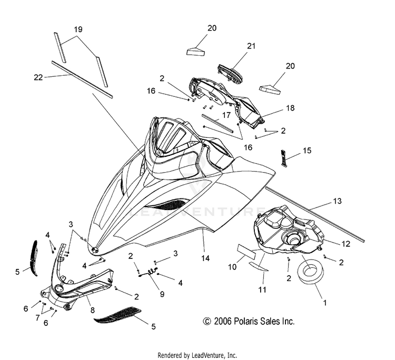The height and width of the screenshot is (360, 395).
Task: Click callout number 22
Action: point(38,77)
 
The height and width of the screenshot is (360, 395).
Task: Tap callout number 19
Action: point(77,30)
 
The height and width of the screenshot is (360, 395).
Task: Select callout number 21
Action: point(251,46)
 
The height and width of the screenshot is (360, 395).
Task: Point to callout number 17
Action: point(226,114)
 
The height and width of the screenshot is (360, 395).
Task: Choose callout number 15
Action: point(307,151)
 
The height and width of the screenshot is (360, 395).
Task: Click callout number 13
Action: point(337,201)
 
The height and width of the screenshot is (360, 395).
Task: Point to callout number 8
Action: point(92,311)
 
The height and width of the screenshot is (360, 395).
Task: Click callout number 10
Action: point(232,267)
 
